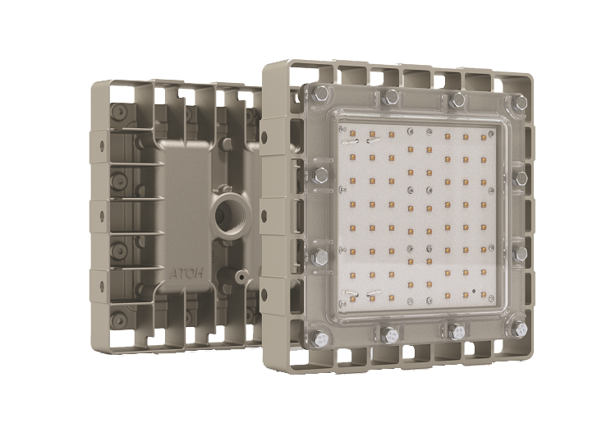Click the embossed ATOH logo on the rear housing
click(186, 273)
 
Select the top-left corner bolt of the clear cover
click(320, 93)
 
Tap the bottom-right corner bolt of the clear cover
click(519, 330)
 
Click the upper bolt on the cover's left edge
click(320, 176)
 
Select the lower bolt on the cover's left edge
click(320, 257)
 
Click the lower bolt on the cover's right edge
click(519, 254)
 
